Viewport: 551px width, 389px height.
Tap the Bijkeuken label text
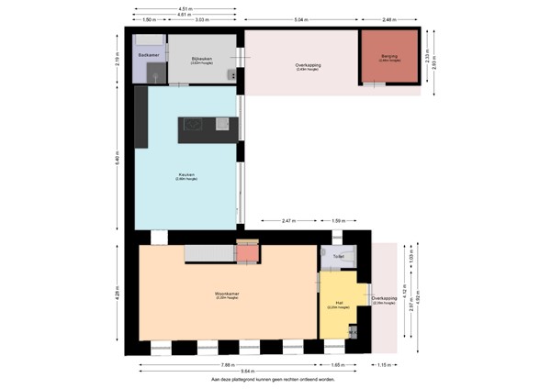tap(202, 59)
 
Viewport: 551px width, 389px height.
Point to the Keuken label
tap(186, 174)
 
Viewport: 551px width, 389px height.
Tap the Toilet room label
tap(338, 256)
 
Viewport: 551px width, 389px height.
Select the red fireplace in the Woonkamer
tap(248, 252)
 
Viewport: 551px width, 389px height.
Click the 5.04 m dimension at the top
tap(301, 18)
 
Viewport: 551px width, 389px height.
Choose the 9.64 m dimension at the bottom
tap(247, 371)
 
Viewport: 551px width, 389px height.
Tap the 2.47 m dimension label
tap(287, 221)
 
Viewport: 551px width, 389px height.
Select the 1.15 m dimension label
tap(384, 364)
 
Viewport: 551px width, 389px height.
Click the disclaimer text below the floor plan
tap(273, 378)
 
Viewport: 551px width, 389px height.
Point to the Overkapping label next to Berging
tap(307, 66)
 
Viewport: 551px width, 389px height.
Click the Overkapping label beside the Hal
tap(384, 299)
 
